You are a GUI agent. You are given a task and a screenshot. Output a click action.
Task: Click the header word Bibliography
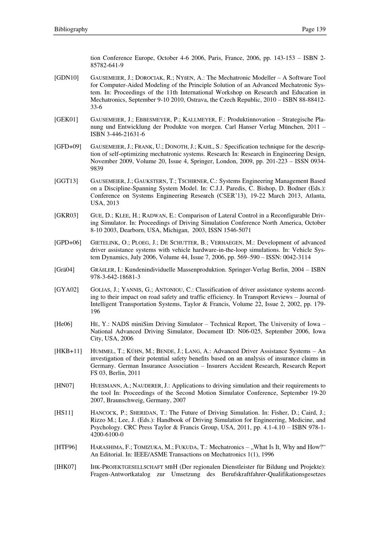tap(71, 29)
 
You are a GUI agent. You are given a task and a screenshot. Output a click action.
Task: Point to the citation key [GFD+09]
tap(68, 147)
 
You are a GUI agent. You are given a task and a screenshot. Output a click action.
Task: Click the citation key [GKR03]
tap(66, 216)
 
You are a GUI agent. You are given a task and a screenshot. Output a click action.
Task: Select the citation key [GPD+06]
tap(68, 243)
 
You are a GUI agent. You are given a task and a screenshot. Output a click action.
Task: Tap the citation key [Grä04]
tap(64, 270)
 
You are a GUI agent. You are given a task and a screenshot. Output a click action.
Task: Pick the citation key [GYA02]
tap(66, 290)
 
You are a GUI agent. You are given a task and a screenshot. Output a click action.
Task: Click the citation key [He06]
tap(63, 324)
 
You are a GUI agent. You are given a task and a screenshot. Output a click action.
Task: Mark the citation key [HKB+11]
tap(68, 351)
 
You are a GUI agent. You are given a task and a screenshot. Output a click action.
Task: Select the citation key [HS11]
tap(63, 413)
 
